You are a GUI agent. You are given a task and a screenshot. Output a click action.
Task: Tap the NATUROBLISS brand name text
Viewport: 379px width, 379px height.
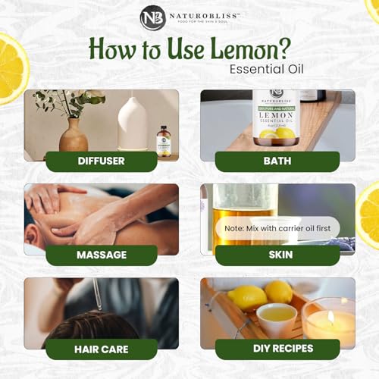pyautogui.click(x=204, y=14)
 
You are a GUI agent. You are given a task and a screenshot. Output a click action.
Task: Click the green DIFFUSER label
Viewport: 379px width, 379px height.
pyautogui.click(x=102, y=161)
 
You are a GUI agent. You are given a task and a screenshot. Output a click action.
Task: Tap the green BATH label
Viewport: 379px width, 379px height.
pyautogui.click(x=271, y=161)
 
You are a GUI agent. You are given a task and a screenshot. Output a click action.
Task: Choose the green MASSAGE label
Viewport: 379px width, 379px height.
pyautogui.click(x=102, y=255)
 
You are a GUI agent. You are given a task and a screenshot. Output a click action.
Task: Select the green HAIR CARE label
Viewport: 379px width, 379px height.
pyautogui.click(x=102, y=349)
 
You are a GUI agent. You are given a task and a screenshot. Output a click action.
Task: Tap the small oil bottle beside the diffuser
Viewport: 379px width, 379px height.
pyautogui.click(x=163, y=142)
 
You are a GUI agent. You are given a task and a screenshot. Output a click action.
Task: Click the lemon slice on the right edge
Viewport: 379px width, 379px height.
pyautogui.click(x=369, y=220)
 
